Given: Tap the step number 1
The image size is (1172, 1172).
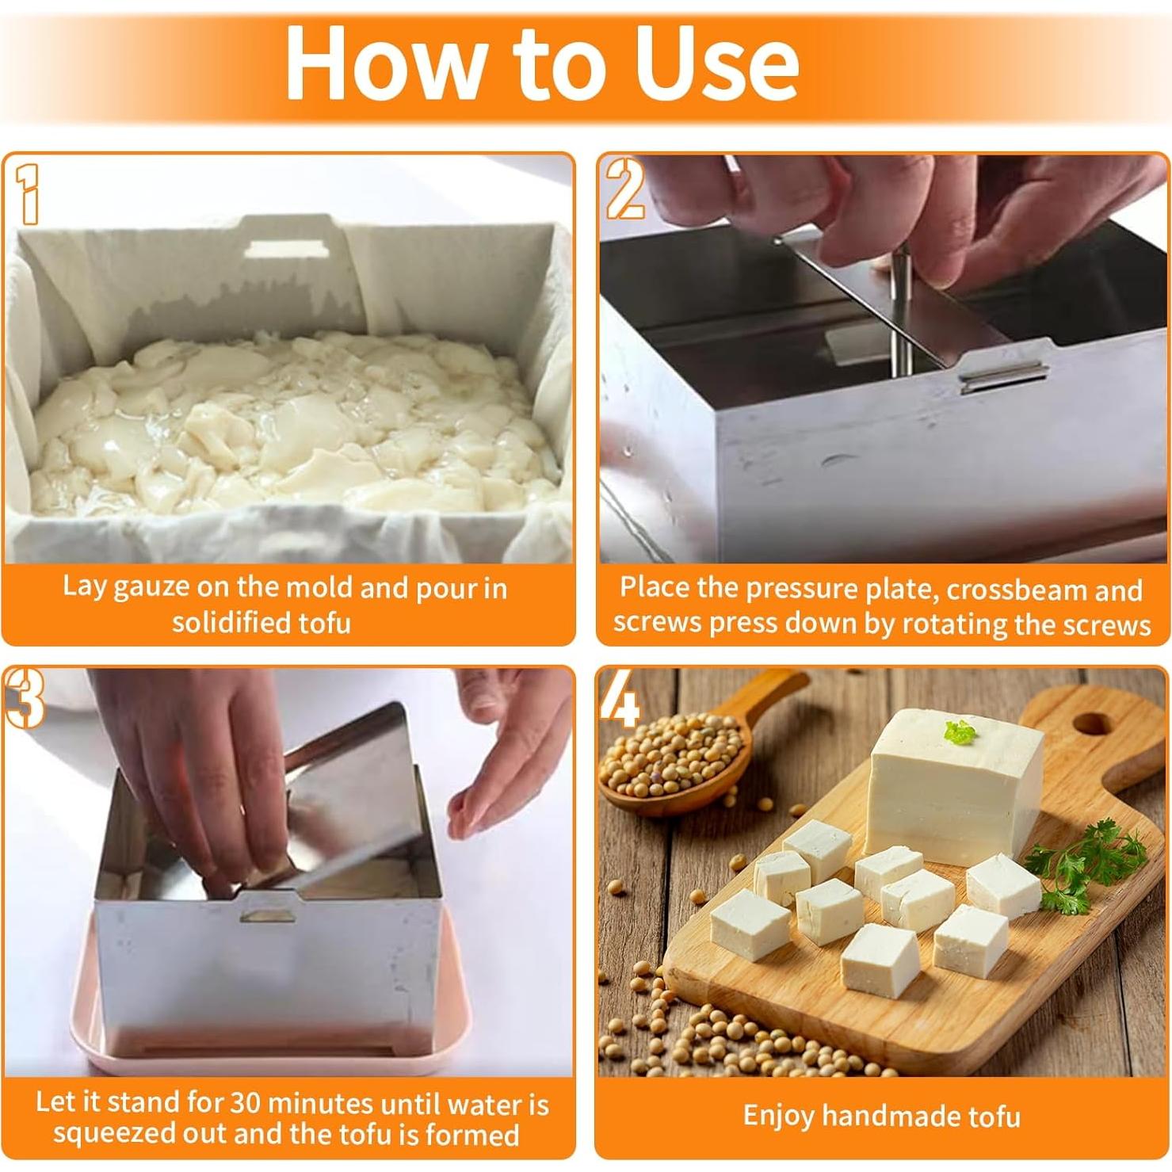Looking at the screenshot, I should point(29,194).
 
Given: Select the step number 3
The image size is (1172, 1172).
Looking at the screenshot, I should point(25,697).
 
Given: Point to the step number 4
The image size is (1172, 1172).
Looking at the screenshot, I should point(620,698).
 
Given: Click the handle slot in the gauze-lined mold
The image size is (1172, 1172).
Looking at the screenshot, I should point(286,249).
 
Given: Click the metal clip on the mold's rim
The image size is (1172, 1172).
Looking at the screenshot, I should point(1002,376).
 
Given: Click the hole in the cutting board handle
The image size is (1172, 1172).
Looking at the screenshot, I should point(1091,723).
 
